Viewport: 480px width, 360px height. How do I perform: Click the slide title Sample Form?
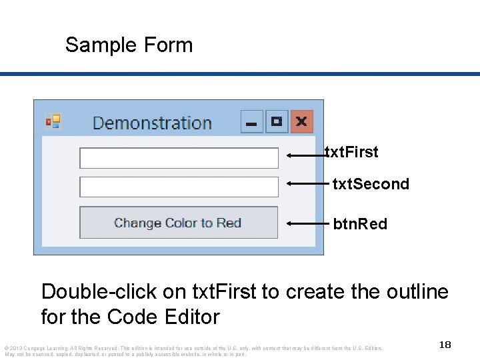(x=129, y=45)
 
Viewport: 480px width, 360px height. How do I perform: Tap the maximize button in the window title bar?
(x=277, y=122)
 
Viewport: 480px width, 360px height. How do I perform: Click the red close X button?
(x=301, y=122)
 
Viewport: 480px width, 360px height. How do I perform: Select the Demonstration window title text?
(x=152, y=123)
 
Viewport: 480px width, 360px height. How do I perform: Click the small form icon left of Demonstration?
(x=53, y=121)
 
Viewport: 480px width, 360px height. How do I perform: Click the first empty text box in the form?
(x=179, y=158)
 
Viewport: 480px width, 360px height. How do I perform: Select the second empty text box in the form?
(x=179, y=187)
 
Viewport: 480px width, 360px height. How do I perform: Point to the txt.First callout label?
(x=351, y=152)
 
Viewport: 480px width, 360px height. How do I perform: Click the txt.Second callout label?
(x=371, y=184)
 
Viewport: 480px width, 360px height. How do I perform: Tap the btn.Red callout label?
(x=360, y=224)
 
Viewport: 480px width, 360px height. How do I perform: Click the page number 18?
(x=445, y=345)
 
